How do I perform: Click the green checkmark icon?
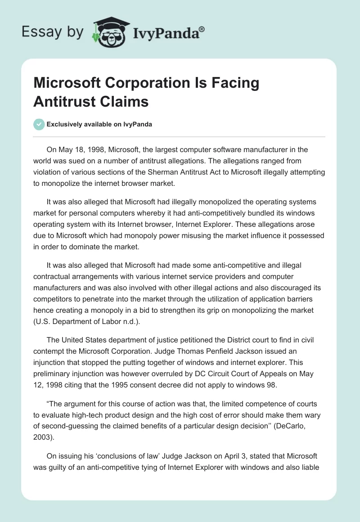39,124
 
